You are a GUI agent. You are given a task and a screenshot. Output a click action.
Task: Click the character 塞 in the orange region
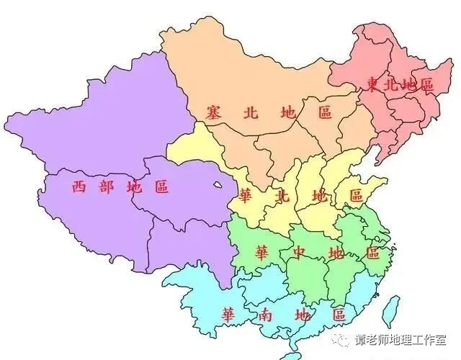(x=212, y=113)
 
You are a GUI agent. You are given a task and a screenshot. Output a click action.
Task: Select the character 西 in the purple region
(x=79, y=187)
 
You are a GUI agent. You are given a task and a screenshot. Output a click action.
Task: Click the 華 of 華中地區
(x=261, y=253)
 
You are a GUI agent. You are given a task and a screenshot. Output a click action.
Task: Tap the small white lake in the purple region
(x=218, y=186)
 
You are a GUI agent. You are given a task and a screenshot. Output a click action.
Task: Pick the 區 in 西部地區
(x=161, y=187)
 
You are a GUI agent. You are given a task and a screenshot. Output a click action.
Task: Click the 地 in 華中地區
(x=335, y=253)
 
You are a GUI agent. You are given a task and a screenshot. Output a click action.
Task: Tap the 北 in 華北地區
(x=283, y=195)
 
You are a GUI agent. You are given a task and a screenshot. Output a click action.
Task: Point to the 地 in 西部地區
(x=133, y=187)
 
